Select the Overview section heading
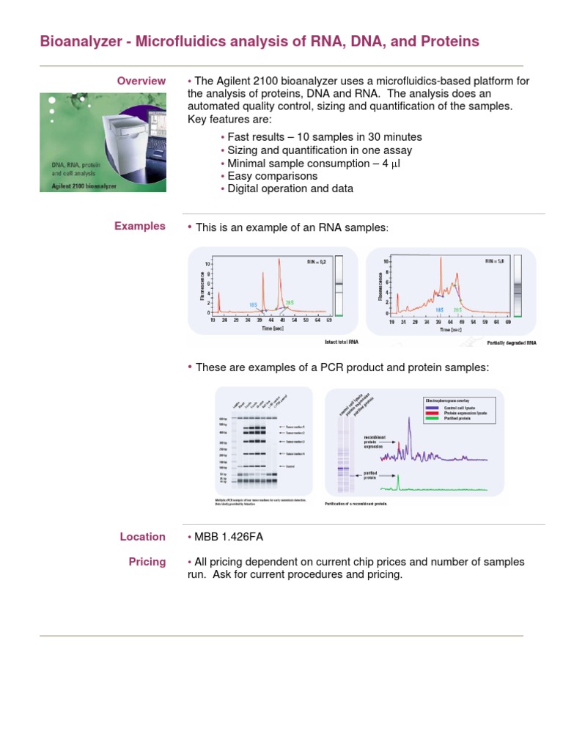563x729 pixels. [141, 80]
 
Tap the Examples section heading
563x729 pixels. [140, 226]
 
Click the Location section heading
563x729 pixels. [143, 537]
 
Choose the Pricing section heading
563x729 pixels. [147, 562]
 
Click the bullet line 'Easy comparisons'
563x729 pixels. [272, 176]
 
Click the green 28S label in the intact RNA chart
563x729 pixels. [289, 302]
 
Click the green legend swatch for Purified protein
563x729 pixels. [432, 420]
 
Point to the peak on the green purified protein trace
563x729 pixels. [399, 478]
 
